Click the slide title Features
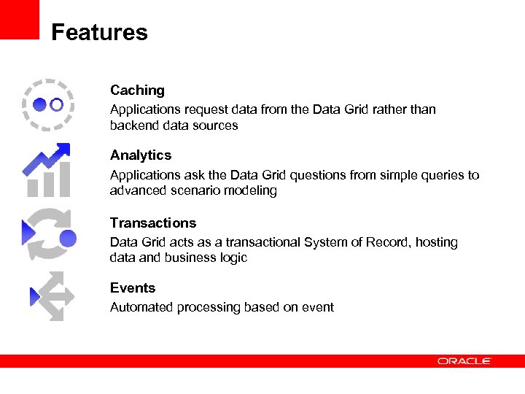(x=99, y=33)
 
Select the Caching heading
(x=137, y=90)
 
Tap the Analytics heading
(x=141, y=155)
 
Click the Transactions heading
(x=153, y=223)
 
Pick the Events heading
(x=133, y=288)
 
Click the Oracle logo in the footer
(x=464, y=361)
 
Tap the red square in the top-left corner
(x=19, y=19)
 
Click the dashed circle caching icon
(x=48, y=104)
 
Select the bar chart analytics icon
(x=48, y=171)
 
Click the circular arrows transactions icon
(x=48, y=235)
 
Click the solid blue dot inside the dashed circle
(x=40, y=104)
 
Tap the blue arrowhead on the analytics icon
(x=62, y=151)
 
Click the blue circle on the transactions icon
(x=68, y=239)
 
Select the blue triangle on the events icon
(x=34, y=296)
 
